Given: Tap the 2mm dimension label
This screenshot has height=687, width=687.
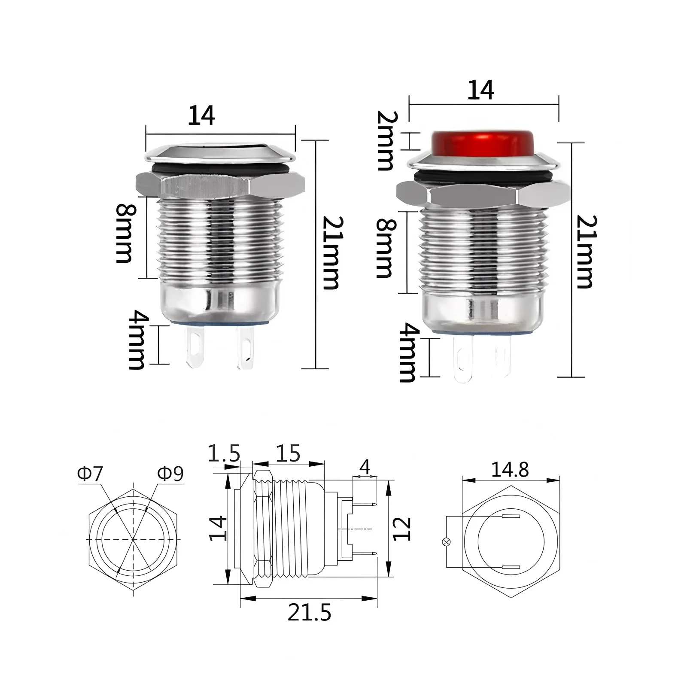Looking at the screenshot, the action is click(x=385, y=140).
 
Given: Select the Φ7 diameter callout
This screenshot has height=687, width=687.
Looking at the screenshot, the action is click(x=91, y=474).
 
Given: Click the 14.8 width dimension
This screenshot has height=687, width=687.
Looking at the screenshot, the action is click(x=510, y=470).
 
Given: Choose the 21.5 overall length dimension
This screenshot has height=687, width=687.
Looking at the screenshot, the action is click(x=309, y=613).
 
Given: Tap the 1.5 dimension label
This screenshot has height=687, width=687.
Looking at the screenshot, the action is click(x=224, y=453).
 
